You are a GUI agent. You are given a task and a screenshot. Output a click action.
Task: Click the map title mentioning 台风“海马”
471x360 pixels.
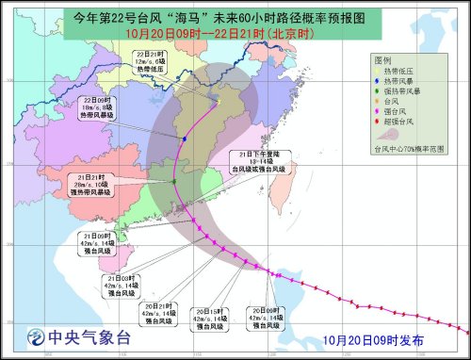tap(230, 17)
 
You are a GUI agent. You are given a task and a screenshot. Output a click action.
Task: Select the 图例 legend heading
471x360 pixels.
tap(382, 59)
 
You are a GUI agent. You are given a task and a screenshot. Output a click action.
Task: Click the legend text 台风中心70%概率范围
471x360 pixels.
tap(411, 149)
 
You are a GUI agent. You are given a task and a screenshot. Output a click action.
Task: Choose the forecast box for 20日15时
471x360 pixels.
tap(207, 318)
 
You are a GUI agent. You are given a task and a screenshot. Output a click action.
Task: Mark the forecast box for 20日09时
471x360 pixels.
tap(265, 318)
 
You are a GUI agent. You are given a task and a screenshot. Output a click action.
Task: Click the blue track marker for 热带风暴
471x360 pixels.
tap(185, 139)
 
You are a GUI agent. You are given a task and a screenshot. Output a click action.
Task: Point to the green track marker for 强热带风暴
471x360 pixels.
tap(174, 181)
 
